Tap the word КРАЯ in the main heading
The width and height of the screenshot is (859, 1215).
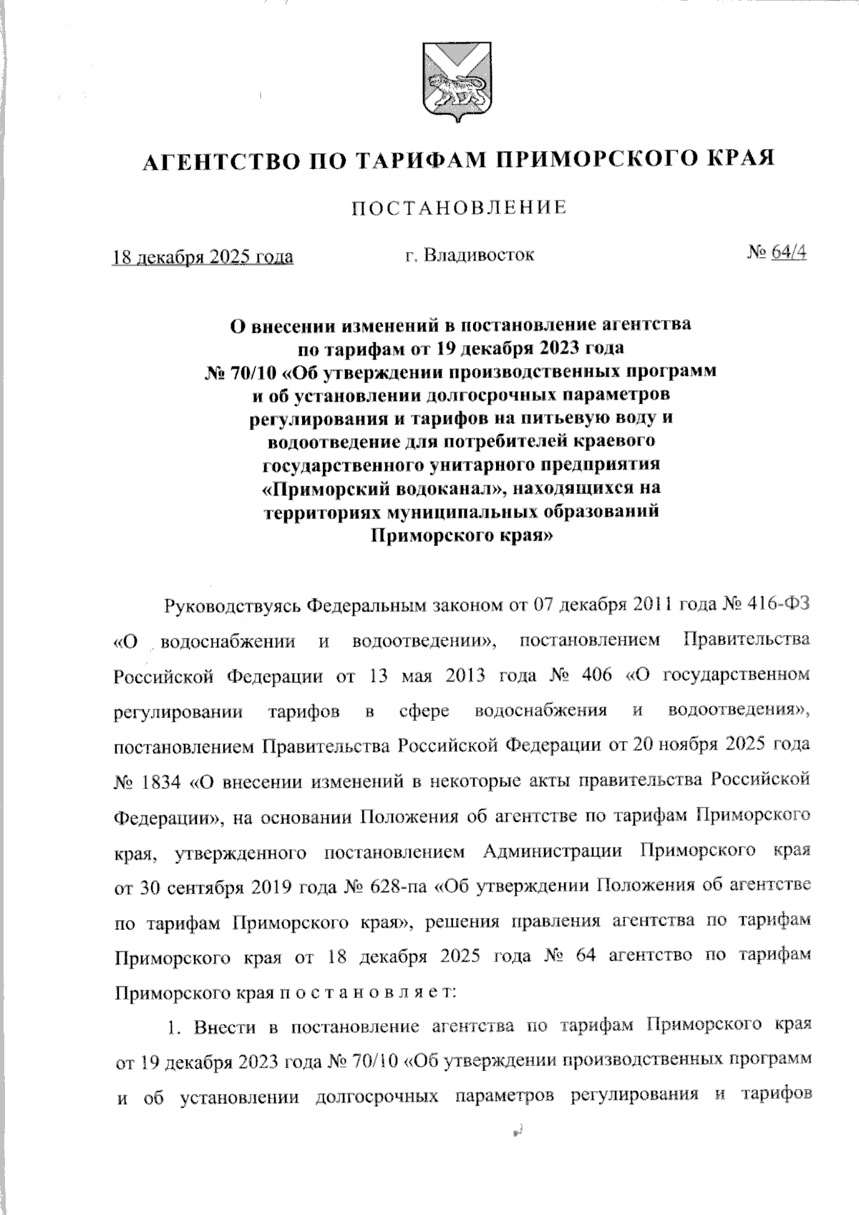point(740,159)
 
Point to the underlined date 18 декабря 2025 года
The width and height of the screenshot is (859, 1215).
point(203,256)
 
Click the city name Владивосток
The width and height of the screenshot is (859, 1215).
point(478,255)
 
